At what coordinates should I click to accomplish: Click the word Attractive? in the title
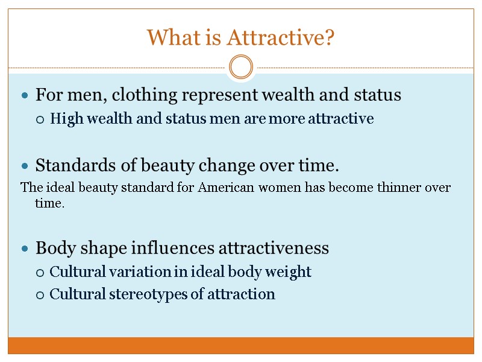[x=281, y=39]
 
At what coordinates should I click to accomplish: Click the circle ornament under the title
[x=241, y=67]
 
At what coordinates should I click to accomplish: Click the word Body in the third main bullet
[x=52, y=248]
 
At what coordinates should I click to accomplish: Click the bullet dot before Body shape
[x=24, y=249]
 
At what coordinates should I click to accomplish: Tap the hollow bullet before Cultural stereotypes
[x=40, y=295]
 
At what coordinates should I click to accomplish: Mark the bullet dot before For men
[x=24, y=96]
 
